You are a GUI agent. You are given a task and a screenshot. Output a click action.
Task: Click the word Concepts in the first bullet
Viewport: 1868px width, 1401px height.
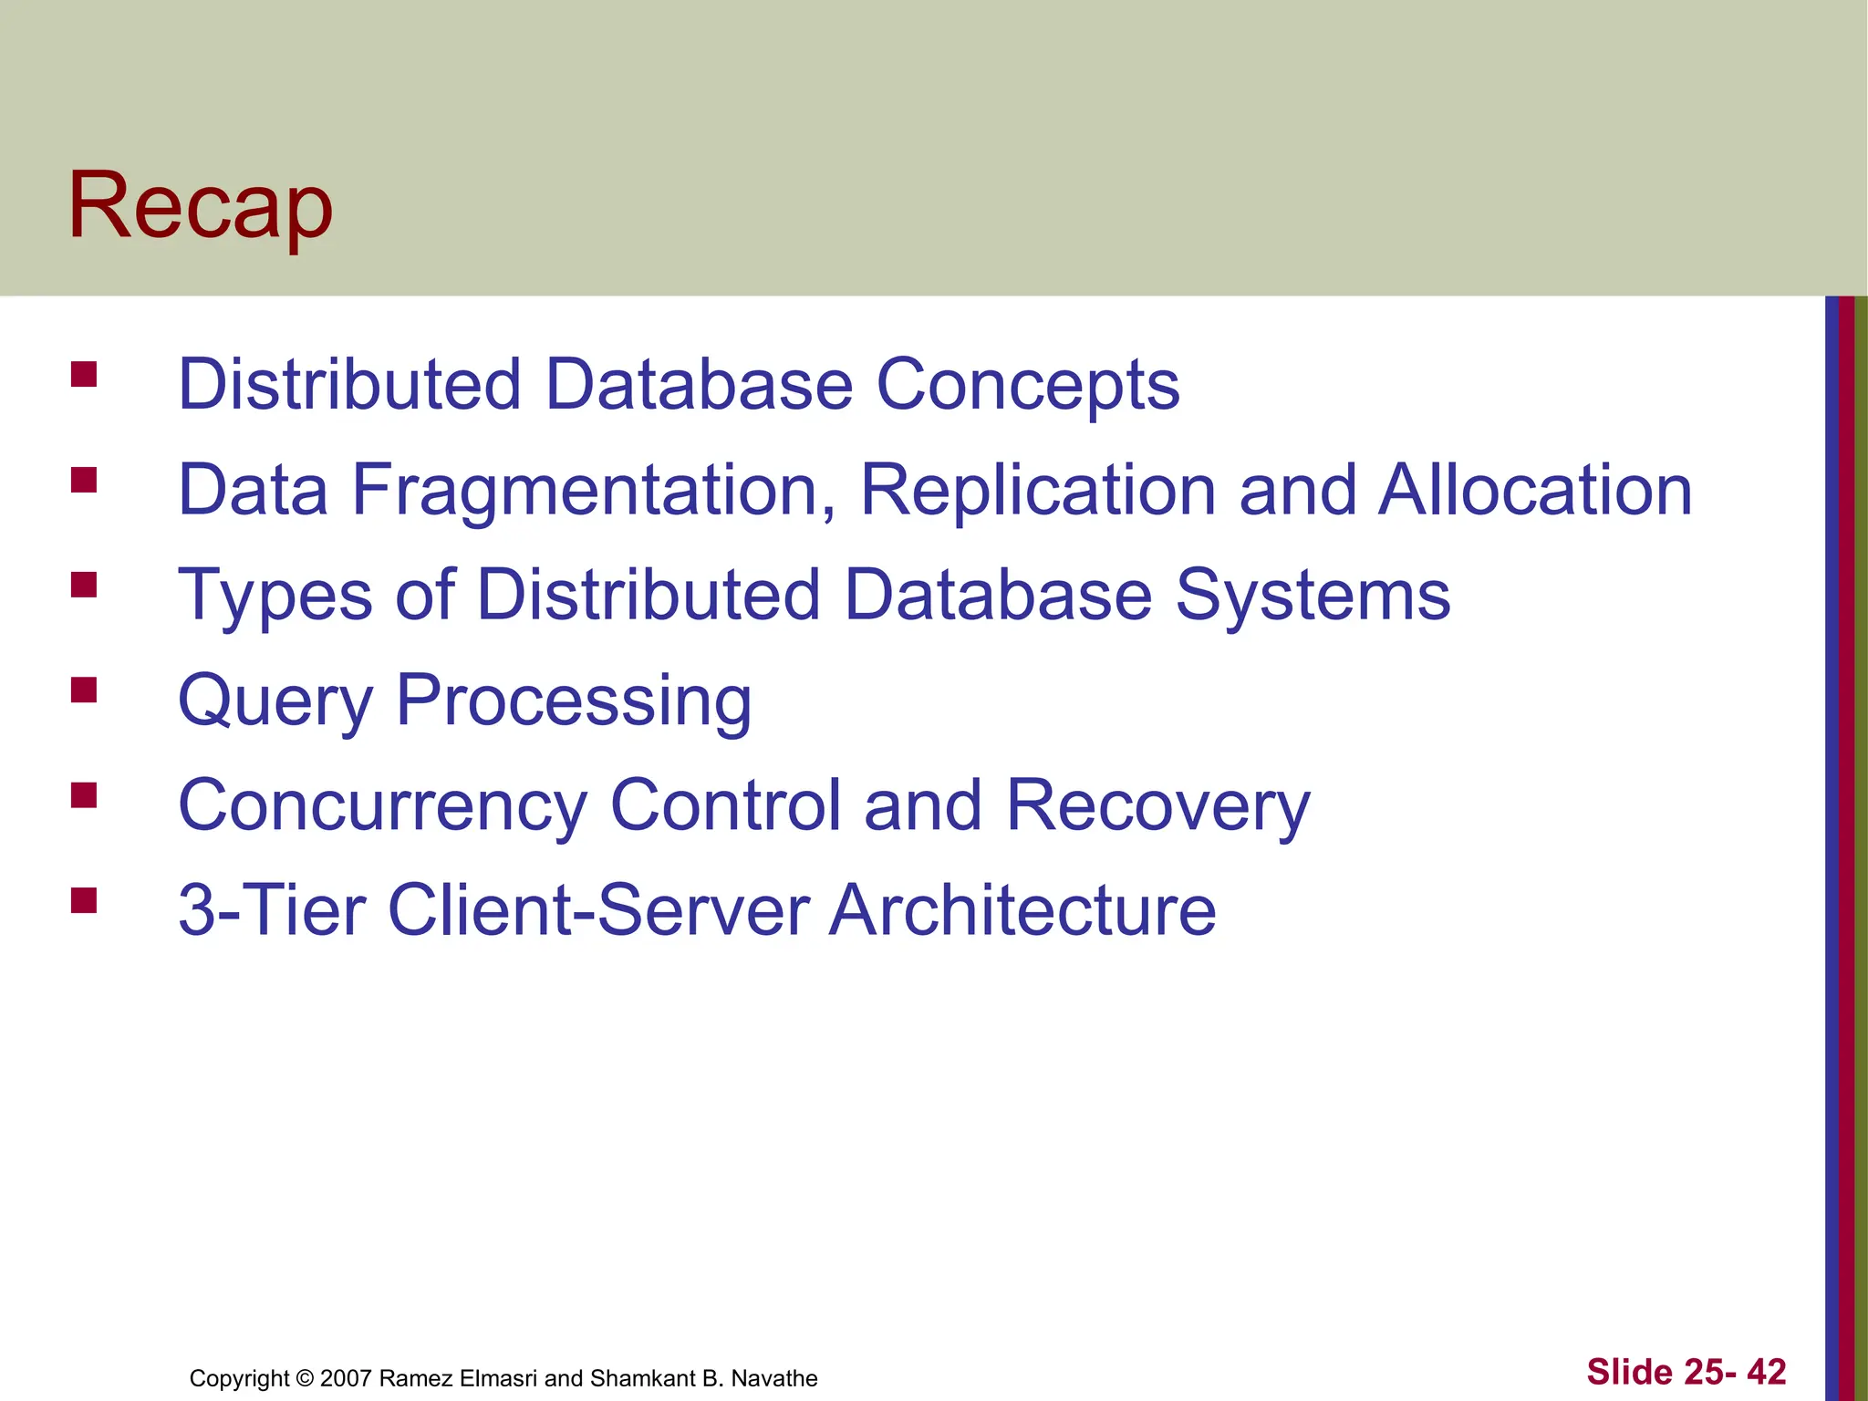pyautogui.click(x=1027, y=385)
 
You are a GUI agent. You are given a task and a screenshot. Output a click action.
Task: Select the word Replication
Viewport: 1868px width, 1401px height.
pyautogui.click(x=1038, y=491)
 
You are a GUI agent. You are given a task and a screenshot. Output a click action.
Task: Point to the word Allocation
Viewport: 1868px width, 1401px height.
pyautogui.click(x=1534, y=491)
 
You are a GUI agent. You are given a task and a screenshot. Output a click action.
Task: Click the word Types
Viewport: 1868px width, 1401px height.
pyautogui.click(x=275, y=597)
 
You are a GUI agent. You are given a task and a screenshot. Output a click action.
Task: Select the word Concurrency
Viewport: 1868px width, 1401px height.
pyautogui.click(x=382, y=806)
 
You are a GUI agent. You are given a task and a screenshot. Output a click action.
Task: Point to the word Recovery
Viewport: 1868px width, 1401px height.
pyautogui.click(x=1157, y=806)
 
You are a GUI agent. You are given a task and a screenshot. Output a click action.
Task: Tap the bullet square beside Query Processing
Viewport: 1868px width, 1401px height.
pyautogui.click(x=84, y=690)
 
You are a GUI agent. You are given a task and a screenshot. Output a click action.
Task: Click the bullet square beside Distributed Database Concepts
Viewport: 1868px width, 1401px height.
pyautogui.click(x=84, y=375)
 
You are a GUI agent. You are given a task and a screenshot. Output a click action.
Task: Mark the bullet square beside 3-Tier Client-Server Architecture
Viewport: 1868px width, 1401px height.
pyautogui.click(x=84, y=900)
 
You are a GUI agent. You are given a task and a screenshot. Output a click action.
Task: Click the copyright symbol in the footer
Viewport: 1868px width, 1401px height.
pyautogui.click(x=305, y=1378)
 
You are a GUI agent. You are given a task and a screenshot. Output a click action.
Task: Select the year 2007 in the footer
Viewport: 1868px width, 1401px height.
pyautogui.click(x=346, y=1378)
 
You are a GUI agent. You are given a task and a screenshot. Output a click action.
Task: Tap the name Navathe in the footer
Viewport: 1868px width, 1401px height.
pyautogui.click(x=774, y=1378)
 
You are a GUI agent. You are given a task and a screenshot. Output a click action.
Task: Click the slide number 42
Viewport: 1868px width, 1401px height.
pyautogui.click(x=1766, y=1372)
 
